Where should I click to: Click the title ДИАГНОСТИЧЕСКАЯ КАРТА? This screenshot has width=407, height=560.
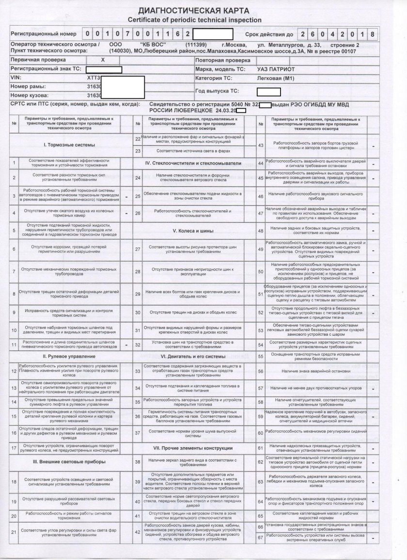(194, 11)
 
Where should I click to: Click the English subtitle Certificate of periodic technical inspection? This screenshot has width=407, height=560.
(194, 20)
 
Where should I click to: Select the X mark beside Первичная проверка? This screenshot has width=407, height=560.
(102, 60)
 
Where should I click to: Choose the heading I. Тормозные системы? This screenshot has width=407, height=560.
(69, 145)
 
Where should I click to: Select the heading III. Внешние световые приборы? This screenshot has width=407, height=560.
(69, 462)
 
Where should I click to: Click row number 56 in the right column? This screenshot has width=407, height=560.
(260, 371)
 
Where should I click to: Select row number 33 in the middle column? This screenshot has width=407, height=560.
(138, 371)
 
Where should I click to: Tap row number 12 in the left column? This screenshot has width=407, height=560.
(14, 371)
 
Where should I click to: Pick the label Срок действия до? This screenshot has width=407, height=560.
(269, 35)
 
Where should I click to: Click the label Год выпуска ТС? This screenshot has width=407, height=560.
(218, 91)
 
